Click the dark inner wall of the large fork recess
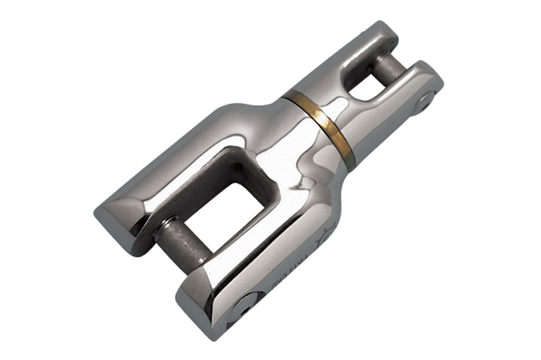216,162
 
